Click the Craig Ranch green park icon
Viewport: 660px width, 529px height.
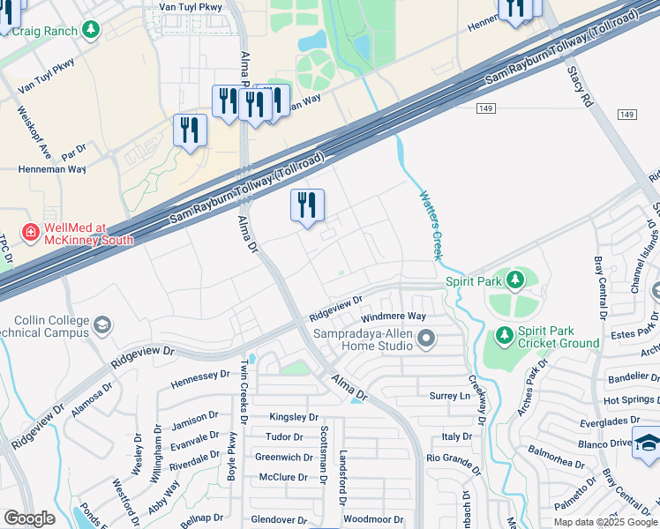[x=90, y=31]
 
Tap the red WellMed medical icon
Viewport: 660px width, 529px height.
[x=30, y=233]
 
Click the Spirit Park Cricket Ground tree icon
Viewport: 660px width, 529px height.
[x=504, y=335]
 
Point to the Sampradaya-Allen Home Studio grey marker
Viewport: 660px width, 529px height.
[x=426, y=339]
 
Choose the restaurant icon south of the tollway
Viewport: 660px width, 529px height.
[x=307, y=205]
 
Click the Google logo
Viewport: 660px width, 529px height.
[x=29, y=518]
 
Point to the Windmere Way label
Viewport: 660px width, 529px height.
[x=394, y=317]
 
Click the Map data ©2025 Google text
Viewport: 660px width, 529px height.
[x=604, y=522]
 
